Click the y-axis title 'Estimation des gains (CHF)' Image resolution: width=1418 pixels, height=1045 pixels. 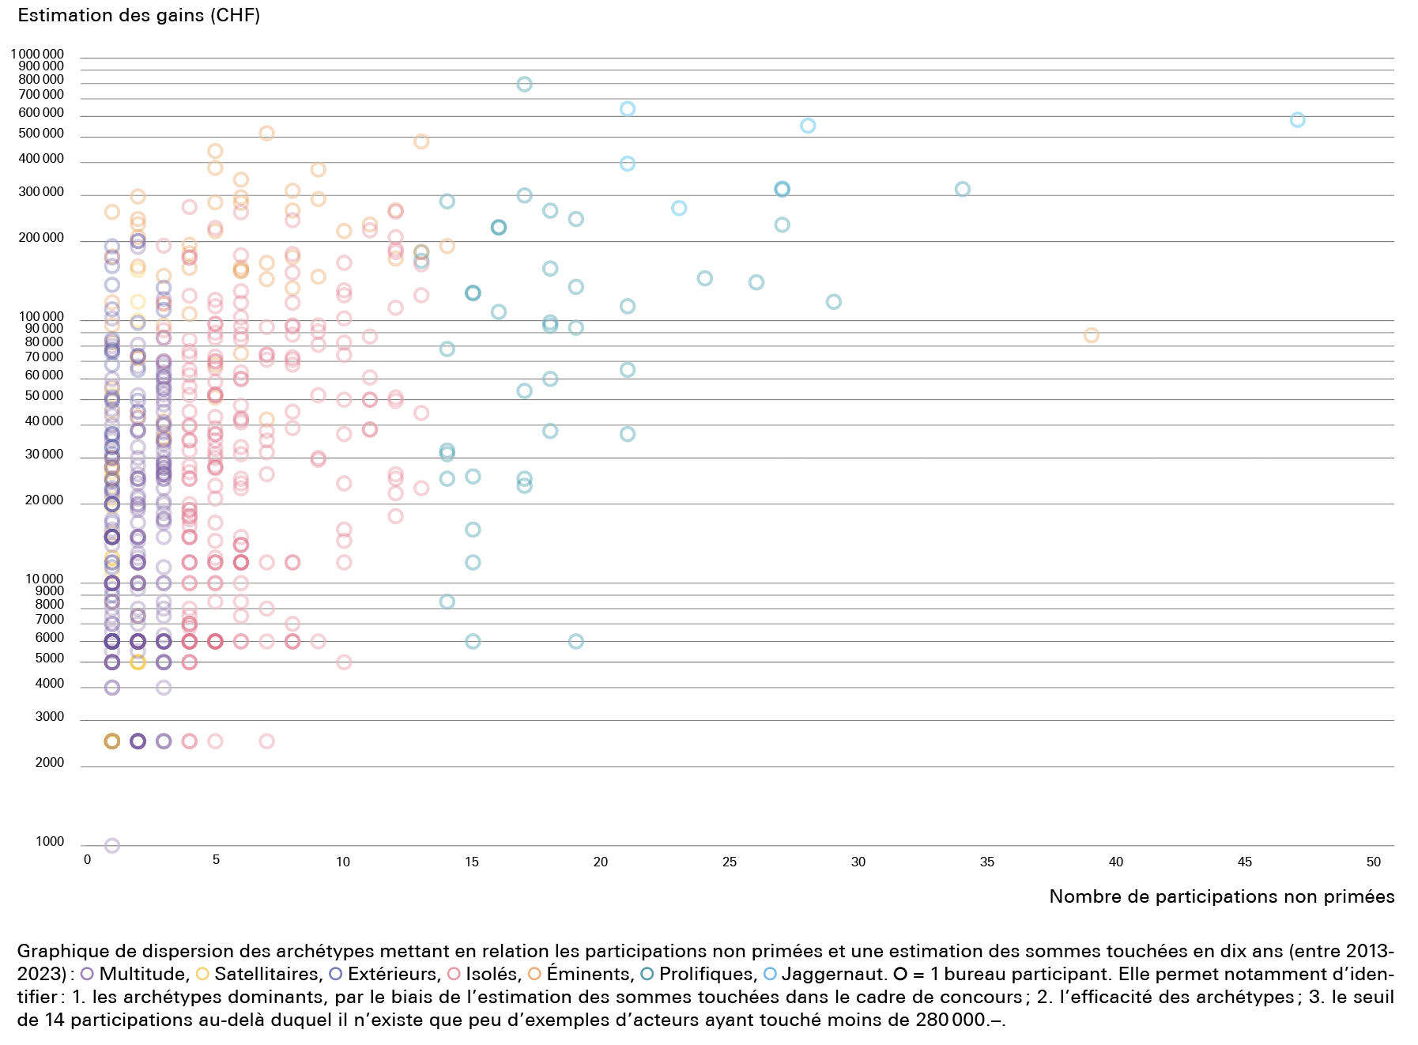[x=138, y=15]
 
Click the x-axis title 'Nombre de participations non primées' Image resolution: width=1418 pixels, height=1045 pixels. [x=1221, y=896]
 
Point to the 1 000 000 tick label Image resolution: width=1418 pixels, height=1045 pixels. [x=37, y=55]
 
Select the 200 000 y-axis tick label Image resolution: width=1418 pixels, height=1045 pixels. [x=41, y=238]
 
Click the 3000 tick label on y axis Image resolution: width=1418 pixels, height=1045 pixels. [x=49, y=717]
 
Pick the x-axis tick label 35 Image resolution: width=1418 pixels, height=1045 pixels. [x=987, y=862]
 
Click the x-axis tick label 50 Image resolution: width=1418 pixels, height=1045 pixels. [x=1374, y=862]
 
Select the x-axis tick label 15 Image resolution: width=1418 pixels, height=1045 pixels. [x=472, y=862]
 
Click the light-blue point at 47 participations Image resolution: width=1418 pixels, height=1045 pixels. [x=1297, y=120]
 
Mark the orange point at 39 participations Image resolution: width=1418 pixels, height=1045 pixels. [x=1091, y=335]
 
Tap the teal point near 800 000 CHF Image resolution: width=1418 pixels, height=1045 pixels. [x=524, y=85]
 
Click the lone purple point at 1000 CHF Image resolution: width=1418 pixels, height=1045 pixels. [x=112, y=846]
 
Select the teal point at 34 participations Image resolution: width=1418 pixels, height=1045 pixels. [x=962, y=189]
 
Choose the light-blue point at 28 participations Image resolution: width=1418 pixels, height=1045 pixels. [x=807, y=126]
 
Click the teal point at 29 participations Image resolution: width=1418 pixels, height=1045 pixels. [x=833, y=302]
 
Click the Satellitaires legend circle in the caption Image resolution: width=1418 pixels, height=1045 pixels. [x=202, y=974]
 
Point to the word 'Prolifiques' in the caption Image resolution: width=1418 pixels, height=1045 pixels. [x=707, y=974]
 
